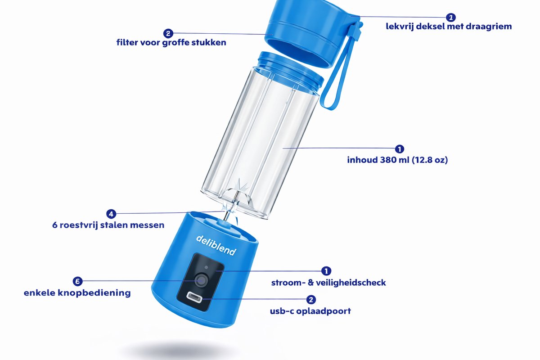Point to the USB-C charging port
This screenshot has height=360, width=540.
click(x=195, y=298)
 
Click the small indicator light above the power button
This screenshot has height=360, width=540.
click(x=206, y=267)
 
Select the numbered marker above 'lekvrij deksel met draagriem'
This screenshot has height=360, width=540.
click(x=450, y=18)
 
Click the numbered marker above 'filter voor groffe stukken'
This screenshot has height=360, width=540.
click(x=168, y=33)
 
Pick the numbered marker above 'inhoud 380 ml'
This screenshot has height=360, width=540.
click(x=400, y=149)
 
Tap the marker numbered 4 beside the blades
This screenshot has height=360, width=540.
click(x=111, y=214)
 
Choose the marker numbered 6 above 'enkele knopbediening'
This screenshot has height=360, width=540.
click(x=77, y=281)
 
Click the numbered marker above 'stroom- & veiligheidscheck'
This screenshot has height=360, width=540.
click(x=326, y=271)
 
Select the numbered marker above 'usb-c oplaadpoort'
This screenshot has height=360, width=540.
click(x=311, y=300)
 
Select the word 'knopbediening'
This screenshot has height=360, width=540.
click(x=94, y=293)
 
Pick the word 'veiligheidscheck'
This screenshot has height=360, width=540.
click(x=351, y=283)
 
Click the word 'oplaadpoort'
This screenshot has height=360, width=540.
click(x=324, y=311)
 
